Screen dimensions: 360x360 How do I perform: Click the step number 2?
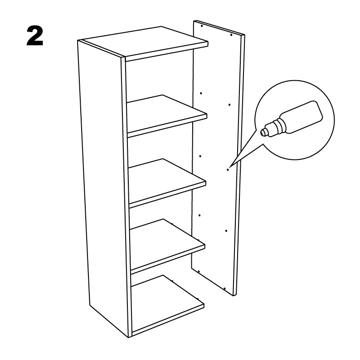point(35,36)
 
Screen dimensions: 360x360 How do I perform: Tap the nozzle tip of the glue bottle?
point(263,133)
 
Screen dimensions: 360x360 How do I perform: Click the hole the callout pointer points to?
point(228,170)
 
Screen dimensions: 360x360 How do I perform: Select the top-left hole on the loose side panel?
point(202,26)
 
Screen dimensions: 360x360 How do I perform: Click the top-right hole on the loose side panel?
point(231,35)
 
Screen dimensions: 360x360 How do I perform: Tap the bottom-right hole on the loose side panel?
point(224,288)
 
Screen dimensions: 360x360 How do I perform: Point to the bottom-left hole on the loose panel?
point(199,271)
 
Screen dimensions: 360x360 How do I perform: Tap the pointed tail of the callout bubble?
point(230,167)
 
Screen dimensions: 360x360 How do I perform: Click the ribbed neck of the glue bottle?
point(279,125)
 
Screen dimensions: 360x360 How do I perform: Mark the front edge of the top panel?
point(166,52)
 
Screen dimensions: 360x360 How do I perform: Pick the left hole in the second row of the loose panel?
point(201,93)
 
